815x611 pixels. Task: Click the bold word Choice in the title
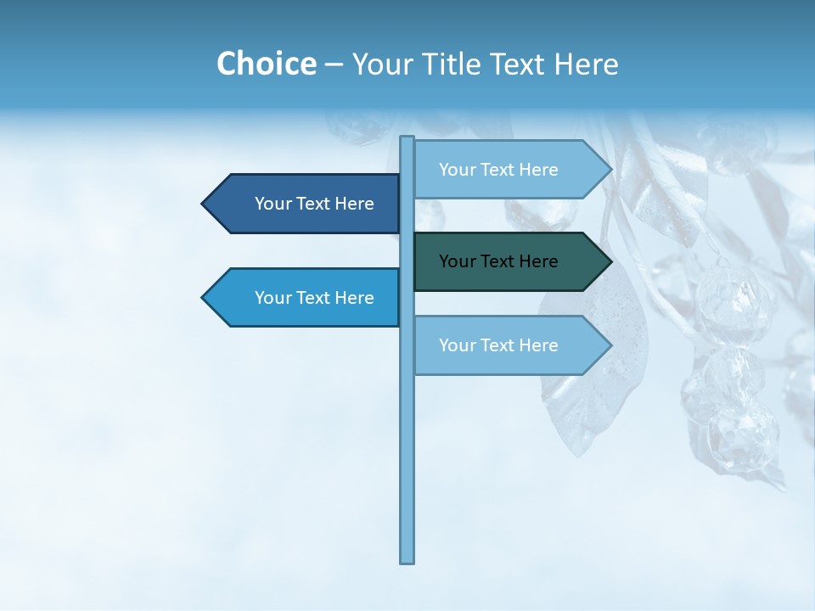tap(266, 64)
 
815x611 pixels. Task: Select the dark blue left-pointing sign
tap(306, 204)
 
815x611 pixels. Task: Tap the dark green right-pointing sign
tap(509, 261)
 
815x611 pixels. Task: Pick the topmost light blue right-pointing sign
tap(509, 170)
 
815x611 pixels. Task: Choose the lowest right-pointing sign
tap(509, 345)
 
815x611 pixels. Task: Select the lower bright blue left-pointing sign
tap(306, 298)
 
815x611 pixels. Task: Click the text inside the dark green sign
tap(498, 261)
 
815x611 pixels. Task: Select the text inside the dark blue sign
tap(314, 204)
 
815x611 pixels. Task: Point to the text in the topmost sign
tap(498, 170)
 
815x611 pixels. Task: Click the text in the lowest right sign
tap(498, 345)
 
